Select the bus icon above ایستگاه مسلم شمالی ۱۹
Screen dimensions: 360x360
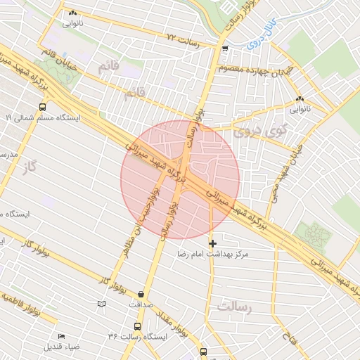43,108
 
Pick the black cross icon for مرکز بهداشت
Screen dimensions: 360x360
213,243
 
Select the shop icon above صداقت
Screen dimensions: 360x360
143,295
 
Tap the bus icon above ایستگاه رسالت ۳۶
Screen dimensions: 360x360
137,327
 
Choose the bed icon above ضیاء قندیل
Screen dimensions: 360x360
61,336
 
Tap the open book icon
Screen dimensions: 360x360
103,304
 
